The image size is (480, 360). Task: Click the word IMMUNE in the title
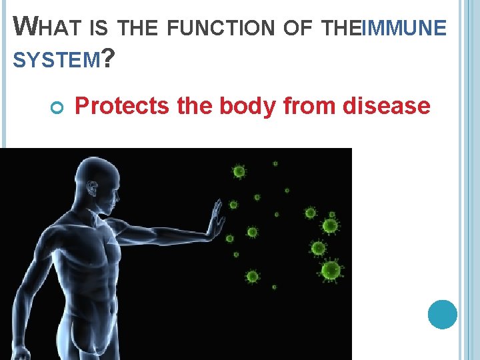tap(403, 28)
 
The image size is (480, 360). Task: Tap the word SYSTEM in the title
tap(56, 61)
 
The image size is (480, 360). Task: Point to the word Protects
tap(121, 105)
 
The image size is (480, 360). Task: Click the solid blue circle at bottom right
tap(442, 315)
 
